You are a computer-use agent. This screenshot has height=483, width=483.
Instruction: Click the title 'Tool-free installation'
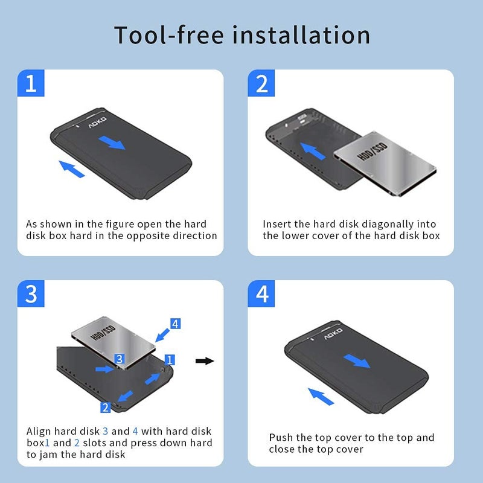point(241,35)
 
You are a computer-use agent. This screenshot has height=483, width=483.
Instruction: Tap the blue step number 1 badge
point(31,83)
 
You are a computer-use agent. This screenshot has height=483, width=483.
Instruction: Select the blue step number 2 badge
point(262,83)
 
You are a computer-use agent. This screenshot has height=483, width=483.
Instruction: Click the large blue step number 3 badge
point(31,294)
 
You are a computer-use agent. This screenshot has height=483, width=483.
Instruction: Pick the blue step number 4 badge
point(262,294)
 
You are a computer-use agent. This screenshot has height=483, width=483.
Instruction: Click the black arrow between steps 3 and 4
point(205,361)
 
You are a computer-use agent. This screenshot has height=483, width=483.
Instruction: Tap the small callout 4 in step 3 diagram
point(174,324)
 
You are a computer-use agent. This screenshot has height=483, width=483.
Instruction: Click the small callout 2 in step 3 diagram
point(106,408)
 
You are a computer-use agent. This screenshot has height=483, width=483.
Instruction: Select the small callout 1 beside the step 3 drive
point(170,360)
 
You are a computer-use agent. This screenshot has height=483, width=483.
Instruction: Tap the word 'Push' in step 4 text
point(281,438)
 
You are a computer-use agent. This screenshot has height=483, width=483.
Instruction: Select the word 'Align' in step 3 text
point(39,431)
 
